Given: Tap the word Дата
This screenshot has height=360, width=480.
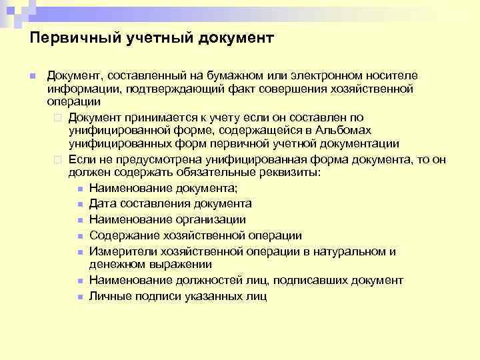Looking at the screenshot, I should click(x=102, y=204).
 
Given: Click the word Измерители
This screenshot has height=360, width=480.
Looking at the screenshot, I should click(x=119, y=251).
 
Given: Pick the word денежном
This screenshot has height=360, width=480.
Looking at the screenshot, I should click(x=115, y=264).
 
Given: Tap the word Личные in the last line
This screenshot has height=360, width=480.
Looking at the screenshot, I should click(x=109, y=296).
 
